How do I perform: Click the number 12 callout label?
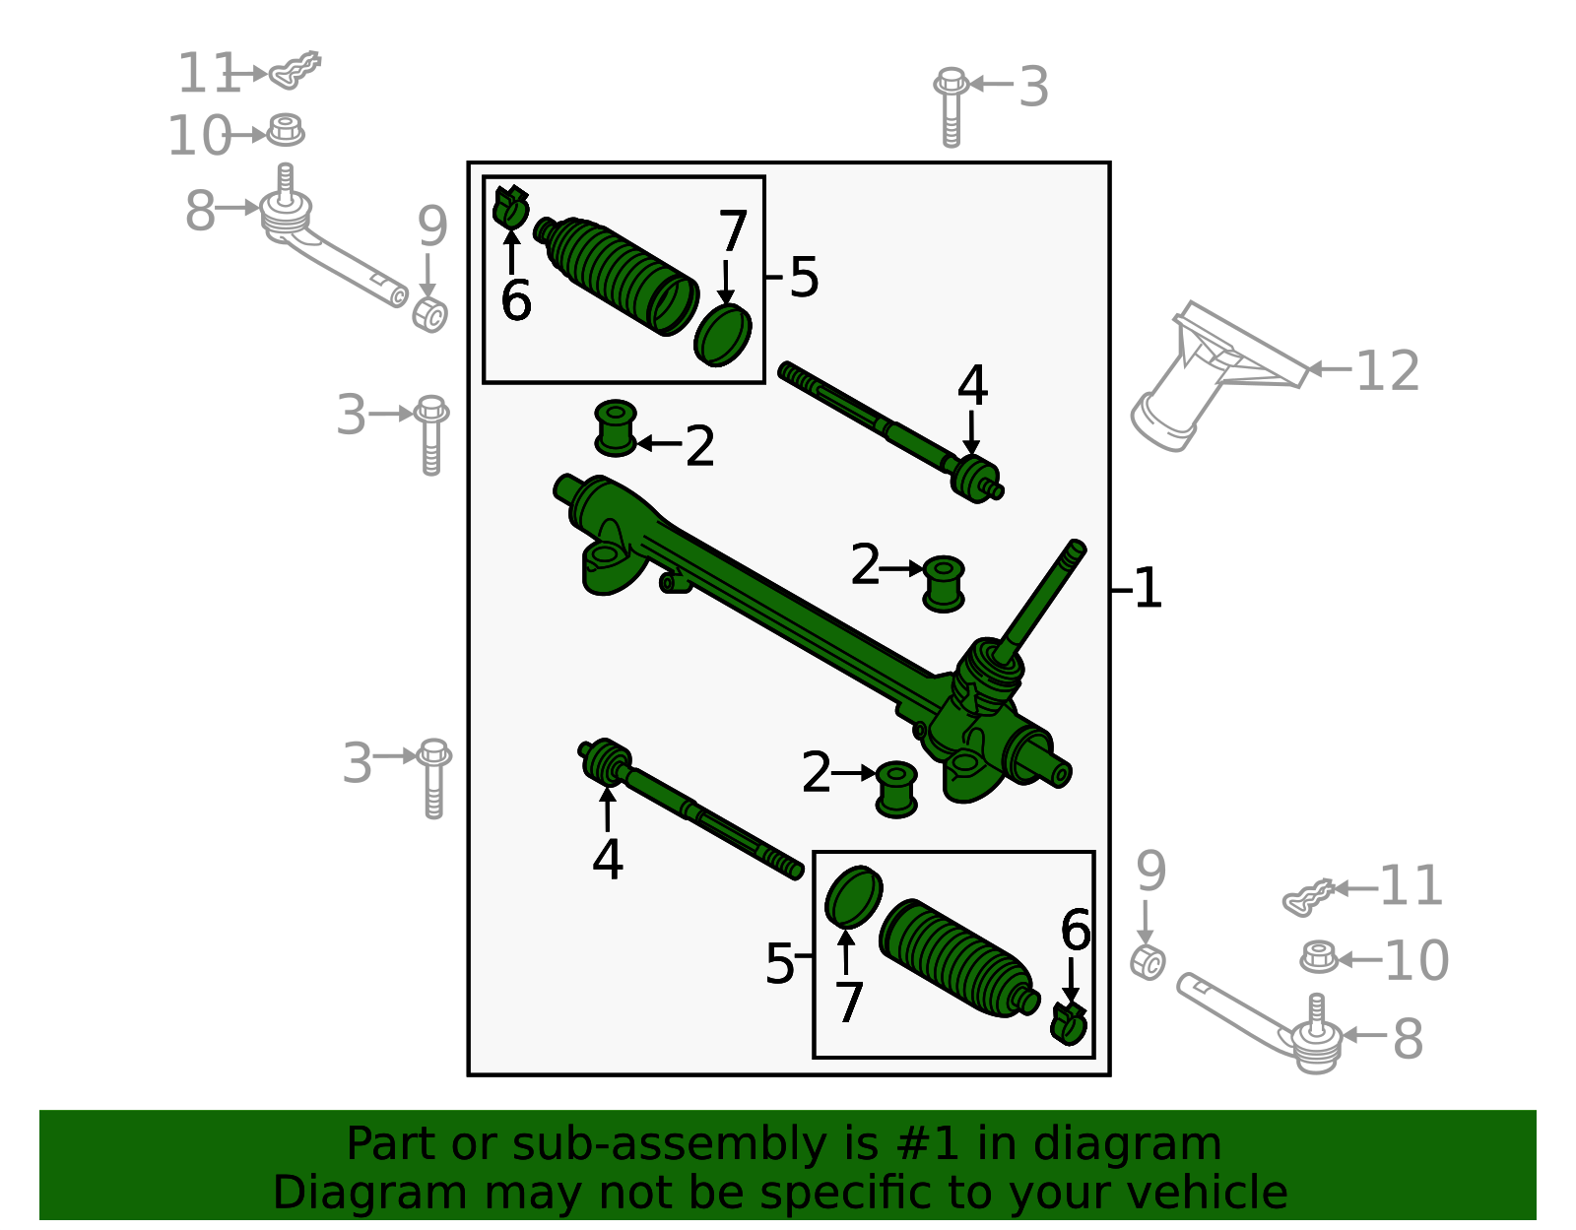[x=1387, y=371]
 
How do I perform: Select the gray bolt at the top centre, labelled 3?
[x=951, y=106]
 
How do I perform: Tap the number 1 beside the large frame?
[x=1148, y=589]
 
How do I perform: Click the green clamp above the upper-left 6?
[x=510, y=207]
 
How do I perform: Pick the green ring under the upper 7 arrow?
[x=722, y=336]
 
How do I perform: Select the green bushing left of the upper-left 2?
[x=616, y=428]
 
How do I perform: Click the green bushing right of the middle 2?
[x=944, y=583]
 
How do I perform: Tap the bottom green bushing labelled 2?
[x=896, y=788]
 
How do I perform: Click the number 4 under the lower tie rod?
[x=608, y=860]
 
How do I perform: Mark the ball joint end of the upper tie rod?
[x=976, y=478]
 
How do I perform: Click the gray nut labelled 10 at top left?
[x=286, y=130]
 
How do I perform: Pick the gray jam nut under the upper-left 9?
[x=429, y=314]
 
